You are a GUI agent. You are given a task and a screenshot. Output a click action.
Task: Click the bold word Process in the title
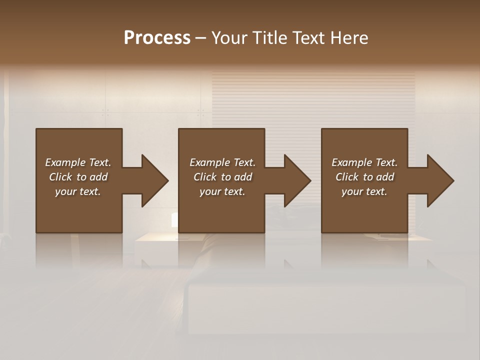tap(157, 38)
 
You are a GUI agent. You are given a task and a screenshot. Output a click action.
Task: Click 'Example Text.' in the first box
tap(78, 162)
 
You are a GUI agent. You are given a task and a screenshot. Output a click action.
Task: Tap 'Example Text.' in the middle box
tap(222, 162)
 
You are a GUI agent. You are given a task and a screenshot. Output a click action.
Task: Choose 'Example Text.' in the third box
tap(364, 162)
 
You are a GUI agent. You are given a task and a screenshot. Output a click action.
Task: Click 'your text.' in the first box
tap(78, 191)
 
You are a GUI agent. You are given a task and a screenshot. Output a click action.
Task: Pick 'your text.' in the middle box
tap(222, 191)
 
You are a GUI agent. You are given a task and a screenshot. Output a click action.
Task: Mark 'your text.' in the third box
tap(364, 191)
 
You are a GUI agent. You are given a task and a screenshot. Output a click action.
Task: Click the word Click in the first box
tap(60, 177)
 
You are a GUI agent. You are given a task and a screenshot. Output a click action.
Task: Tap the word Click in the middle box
tap(205, 177)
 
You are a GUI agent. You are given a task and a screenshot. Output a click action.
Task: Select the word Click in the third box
tap(347, 177)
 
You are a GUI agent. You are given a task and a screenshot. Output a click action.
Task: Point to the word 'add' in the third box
tap(384, 177)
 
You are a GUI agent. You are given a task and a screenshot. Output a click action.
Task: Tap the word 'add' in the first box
tap(98, 177)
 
